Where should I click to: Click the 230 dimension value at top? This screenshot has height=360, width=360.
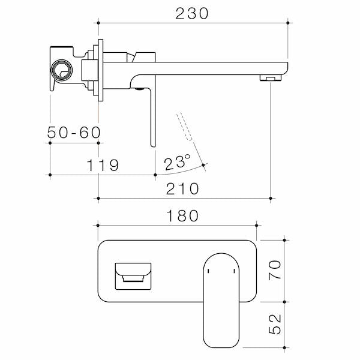[192, 13]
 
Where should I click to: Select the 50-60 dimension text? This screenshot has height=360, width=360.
[74, 133]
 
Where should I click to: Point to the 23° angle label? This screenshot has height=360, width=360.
[178, 162]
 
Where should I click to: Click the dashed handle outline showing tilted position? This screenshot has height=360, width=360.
[185, 126]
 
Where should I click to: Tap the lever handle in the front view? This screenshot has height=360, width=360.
[221, 300]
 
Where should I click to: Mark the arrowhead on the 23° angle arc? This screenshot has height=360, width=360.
[205, 165]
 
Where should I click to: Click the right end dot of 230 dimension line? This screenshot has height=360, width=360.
[289, 23]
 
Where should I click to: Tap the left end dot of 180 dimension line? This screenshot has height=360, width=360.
[97, 226]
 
